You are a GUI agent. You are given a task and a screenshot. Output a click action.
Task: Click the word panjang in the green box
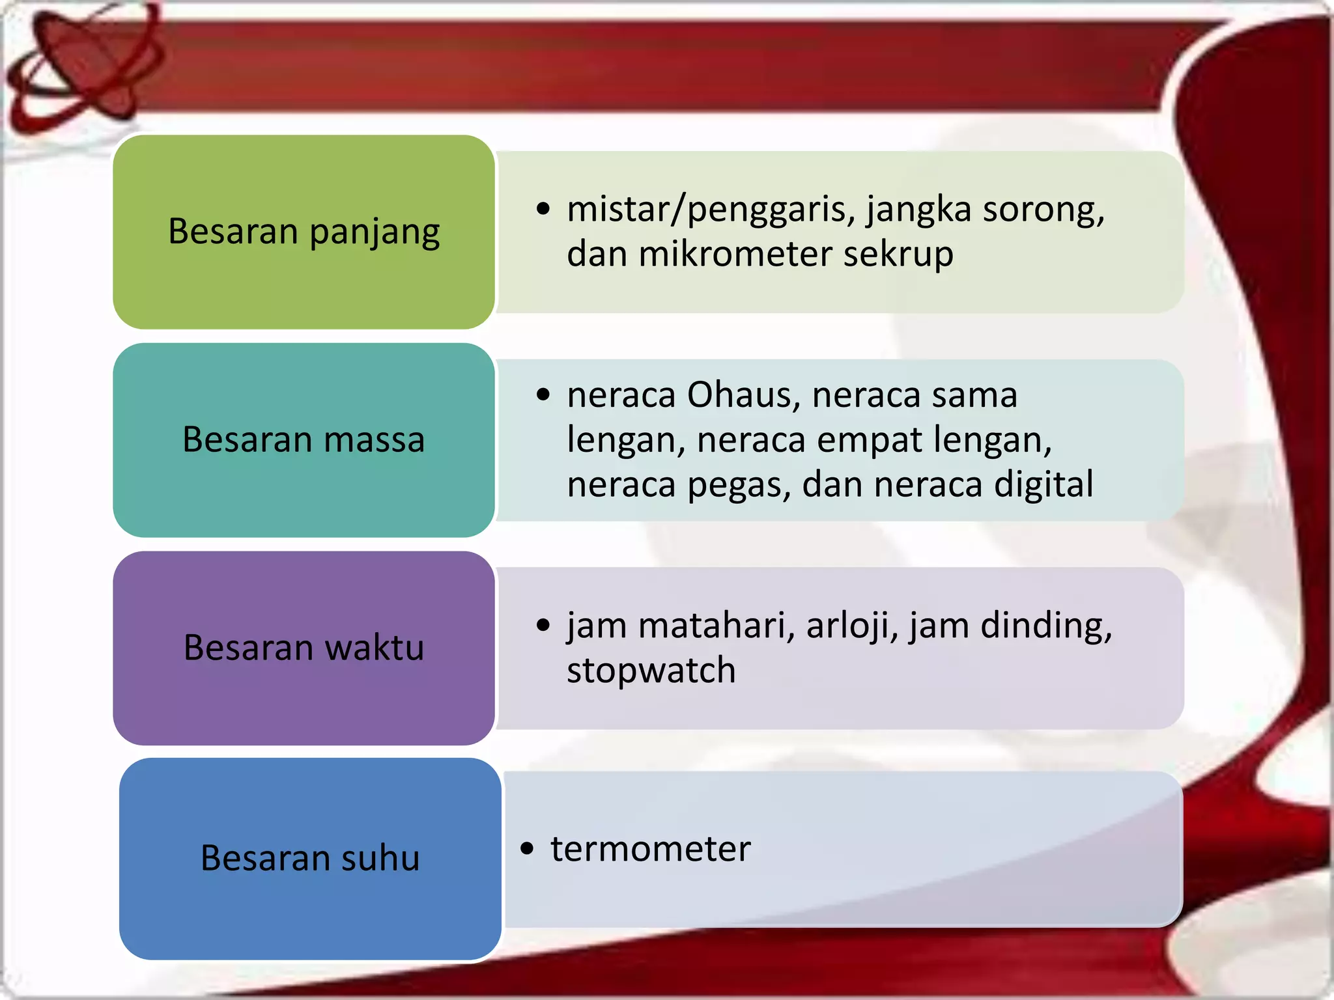point(375,233)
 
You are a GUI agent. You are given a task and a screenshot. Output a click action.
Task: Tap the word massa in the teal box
point(374,439)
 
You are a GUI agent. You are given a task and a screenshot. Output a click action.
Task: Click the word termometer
point(651,849)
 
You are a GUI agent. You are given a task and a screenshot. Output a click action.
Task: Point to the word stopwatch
point(651,671)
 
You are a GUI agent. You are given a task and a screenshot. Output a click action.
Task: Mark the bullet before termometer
point(527,849)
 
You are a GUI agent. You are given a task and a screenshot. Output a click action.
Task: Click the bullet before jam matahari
point(543,626)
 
